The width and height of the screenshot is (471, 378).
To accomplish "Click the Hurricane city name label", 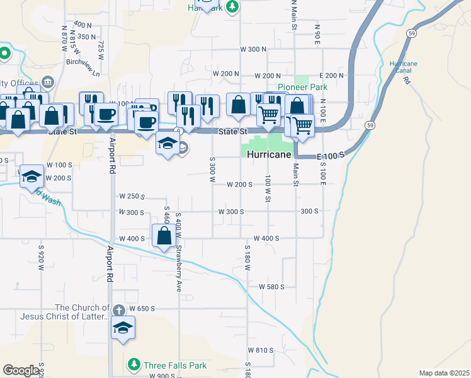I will pyautogui.click(x=270, y=154).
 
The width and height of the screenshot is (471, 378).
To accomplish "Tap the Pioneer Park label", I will pyautogui.click(x=303, y=88).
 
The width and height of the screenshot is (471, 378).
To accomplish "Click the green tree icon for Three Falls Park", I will pyautogui.click(x=134, y=364).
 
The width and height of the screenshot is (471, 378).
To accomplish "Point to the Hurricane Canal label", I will pyautogui.click(x=404, y=67).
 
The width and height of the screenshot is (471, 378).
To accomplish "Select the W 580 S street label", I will pyautogui.click(x=272, y=287).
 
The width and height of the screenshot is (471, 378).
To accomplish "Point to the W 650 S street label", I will pyautogui.click(x=142, y=309).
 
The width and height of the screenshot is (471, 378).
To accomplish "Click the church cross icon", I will pyautogui.click(x=119, y=309).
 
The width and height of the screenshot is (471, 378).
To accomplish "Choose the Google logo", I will pyautogui.click(x=21, y=370).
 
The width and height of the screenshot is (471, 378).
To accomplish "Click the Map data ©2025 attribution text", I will pyautogui.click(x=445, y=373).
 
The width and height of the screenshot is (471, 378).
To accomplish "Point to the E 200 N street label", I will pyautogui.click(x=332, y=75).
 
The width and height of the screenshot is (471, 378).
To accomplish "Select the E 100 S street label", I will pyautogui.click(x=332, y=155).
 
